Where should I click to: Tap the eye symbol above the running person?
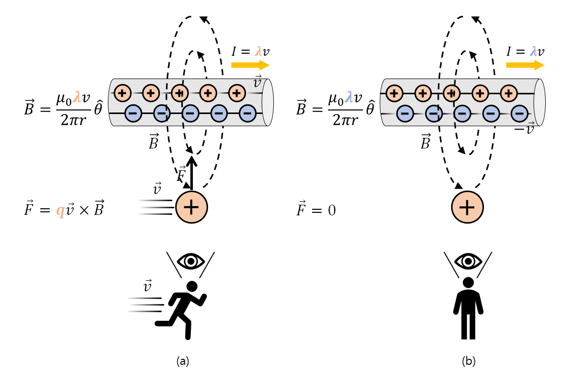[x=191, y=261]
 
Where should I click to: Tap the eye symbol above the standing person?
[x=468, y=261]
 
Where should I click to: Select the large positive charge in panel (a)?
[x=191, y=207]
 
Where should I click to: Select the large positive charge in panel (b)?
[x=467, y=207]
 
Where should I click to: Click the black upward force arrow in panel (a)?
[x=191, y=172]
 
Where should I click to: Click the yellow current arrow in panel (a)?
[x=250, y=65]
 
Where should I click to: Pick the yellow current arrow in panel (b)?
[x=525, y=65]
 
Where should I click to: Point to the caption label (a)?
[x=183, y=361]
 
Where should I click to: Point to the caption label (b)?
[x=468, y=361]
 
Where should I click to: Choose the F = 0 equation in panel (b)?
[x=316, y=210]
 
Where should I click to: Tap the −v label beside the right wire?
[x=523, y=129]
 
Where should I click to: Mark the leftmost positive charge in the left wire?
[x=123, y=93]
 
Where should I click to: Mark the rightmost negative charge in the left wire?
[x=247, y=113]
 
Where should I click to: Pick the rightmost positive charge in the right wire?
[x=508, y=93]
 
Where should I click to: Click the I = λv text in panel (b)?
[x=525, y=51]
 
